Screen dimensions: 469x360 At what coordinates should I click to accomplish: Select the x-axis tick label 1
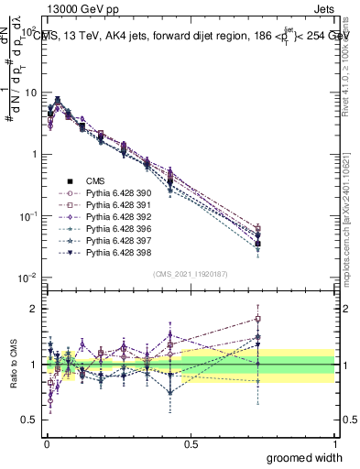334,443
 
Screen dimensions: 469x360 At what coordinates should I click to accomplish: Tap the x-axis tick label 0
46,443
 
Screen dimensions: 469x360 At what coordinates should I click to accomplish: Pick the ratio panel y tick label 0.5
31,420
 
